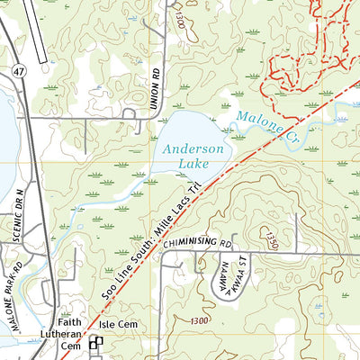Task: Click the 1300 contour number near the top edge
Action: [184, 19]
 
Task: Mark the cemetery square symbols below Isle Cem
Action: [95, 343]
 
